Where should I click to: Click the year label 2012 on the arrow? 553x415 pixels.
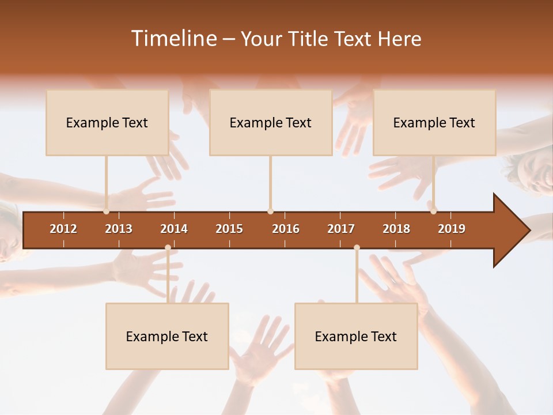point(63,229)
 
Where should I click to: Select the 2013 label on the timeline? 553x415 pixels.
point(119,229)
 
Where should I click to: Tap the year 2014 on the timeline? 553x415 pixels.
point(174,229)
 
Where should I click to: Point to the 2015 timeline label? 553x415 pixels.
point(229,229)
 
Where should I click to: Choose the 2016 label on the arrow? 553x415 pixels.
point(286,229)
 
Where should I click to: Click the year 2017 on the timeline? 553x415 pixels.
point(341,229)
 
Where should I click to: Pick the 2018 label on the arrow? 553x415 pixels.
point(396,229)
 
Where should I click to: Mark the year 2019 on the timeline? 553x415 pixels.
point(452,229)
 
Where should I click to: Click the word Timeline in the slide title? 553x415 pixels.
point(173,39)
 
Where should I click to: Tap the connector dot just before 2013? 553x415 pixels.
point(106,212)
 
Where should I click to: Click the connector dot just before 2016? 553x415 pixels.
point(270,212)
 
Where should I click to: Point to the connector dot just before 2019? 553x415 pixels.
point(433,212)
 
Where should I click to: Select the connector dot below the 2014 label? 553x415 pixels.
point(168,247)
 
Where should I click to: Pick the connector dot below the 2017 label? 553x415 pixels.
point(357,247)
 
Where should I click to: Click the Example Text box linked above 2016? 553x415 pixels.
point(270,122)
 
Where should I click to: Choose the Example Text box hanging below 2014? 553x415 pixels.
point(167,336)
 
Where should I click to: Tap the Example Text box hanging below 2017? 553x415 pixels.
point(356,336)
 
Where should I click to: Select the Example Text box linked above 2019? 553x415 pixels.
point(434,122)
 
